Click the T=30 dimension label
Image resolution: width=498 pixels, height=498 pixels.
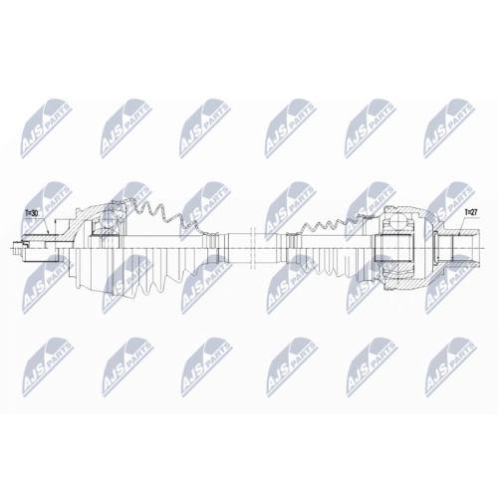(32, 213)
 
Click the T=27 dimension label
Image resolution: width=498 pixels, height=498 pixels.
(470, 212)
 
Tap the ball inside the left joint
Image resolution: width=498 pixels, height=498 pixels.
(108, 219)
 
